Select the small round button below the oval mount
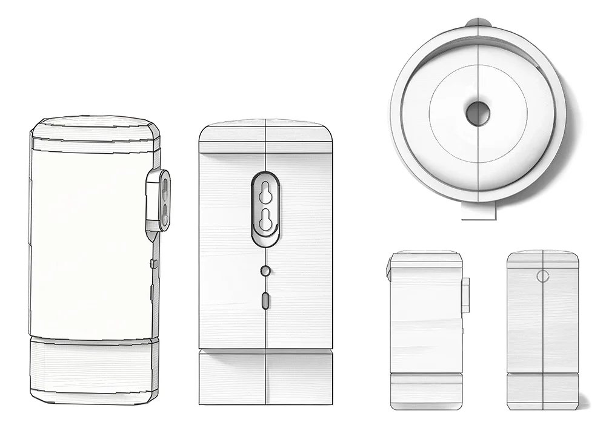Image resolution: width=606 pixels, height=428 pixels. click(x=265, y=271)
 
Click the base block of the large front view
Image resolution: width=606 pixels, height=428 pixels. click(x=265, y=378)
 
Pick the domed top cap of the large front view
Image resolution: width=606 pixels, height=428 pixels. click(x=265, y=132)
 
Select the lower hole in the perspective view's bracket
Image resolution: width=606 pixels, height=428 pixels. click(x=163, y=212)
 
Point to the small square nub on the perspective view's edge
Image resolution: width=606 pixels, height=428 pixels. click(x=154, y=264)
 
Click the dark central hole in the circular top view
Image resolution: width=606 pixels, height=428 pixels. click(x=478, y=113)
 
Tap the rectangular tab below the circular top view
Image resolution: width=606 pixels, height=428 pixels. click(x=479, y=210)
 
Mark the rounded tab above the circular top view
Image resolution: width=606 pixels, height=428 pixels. click(x=479, y=24)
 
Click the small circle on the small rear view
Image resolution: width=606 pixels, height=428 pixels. click(x=543, y=276)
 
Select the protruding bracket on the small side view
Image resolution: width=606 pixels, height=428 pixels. click(x=465, y=295)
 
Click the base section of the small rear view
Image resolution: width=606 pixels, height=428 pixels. click(x=542, y=390)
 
